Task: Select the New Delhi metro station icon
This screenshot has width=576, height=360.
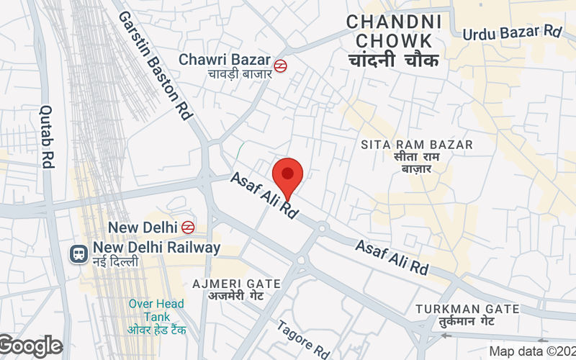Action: (188, 227)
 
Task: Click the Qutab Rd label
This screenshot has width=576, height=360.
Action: (48, 137)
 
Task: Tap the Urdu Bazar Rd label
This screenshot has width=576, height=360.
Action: (512, 32)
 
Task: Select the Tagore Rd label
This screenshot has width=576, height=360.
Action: (303, 338)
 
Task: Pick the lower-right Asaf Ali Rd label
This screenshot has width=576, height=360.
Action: (392, 258)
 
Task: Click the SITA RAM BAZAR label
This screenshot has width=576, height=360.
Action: (417, 145)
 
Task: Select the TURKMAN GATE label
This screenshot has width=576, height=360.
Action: (467, 309)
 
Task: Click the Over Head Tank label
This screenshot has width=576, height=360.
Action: (156, 310)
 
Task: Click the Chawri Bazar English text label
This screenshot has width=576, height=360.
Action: (225, 59)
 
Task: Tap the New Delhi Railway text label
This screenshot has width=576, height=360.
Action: (156, 248)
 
